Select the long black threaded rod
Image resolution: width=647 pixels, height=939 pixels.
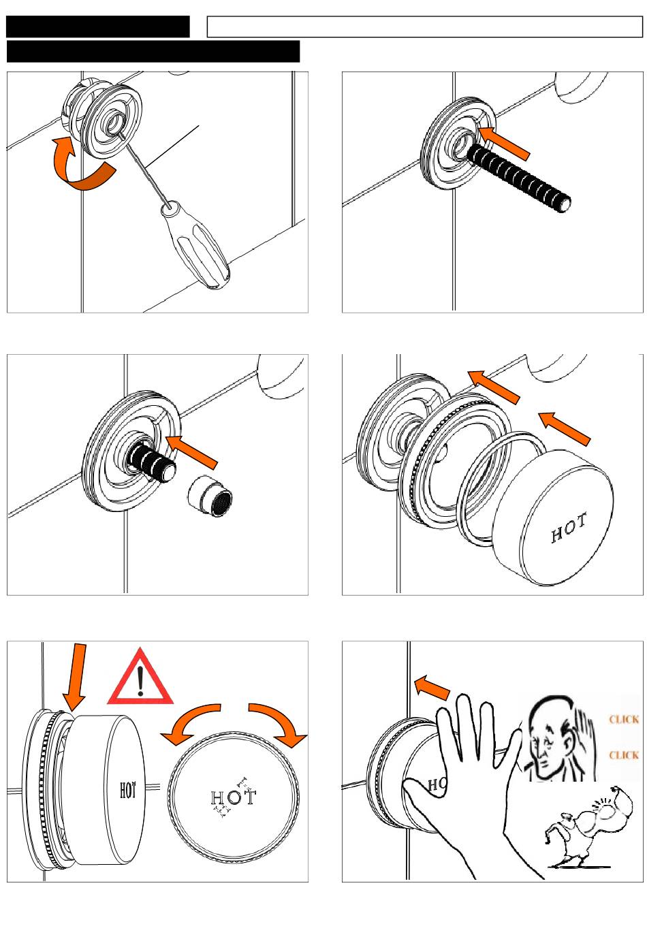click(518, 179)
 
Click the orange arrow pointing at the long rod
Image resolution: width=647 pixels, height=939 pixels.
click(504, 142)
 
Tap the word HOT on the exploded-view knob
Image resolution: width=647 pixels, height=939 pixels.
click(569, 529)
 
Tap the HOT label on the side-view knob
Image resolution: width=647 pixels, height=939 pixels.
click(128, 791)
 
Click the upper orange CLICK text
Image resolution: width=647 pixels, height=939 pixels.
click(624, 719)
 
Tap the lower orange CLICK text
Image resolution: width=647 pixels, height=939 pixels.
click(624, 755)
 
